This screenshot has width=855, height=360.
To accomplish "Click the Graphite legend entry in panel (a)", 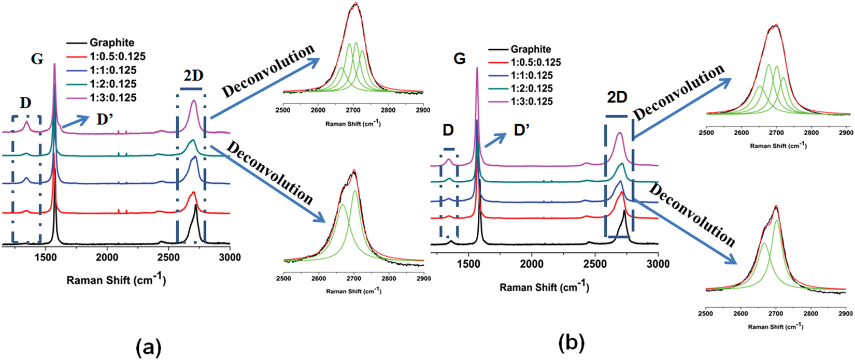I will (111, 43).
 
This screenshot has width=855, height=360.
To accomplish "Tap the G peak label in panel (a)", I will (37, 59).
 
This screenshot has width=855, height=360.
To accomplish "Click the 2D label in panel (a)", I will (192, 76).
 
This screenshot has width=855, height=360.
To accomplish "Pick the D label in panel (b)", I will (448, 131).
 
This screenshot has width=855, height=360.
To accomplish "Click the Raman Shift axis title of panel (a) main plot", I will (116, 280).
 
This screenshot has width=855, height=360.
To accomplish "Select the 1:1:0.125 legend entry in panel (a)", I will (113, 70).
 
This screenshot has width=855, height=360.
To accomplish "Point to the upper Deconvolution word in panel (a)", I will (268, 70).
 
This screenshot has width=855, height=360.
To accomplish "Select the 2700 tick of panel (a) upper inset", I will (353, 110).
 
